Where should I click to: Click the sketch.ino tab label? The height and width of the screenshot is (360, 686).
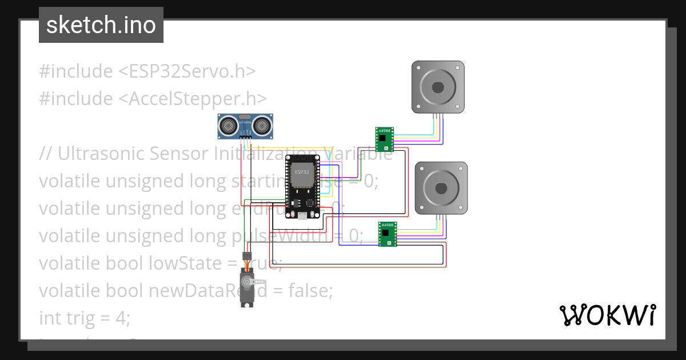click(x=101, y=25)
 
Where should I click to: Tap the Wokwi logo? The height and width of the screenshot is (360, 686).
click(x=607, y=315)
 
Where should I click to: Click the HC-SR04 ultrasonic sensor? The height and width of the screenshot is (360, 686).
click(x=245, y=126)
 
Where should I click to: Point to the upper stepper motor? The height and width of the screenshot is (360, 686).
click(x=438, y=87)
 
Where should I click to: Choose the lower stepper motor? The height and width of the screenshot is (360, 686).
click(x=441, y=188)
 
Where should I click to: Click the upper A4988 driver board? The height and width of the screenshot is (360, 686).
click(x=384, y=139)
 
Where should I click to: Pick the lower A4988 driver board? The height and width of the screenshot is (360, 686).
click(x=388, y=234)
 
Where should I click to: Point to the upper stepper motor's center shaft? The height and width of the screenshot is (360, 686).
click(x=438, y=87)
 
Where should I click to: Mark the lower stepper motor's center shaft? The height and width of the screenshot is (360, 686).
click(x=441, y=188)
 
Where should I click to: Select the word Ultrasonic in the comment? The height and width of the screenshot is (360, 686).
click(x=103, y=154)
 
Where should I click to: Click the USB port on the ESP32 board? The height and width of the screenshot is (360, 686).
click(x=301, y=216)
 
